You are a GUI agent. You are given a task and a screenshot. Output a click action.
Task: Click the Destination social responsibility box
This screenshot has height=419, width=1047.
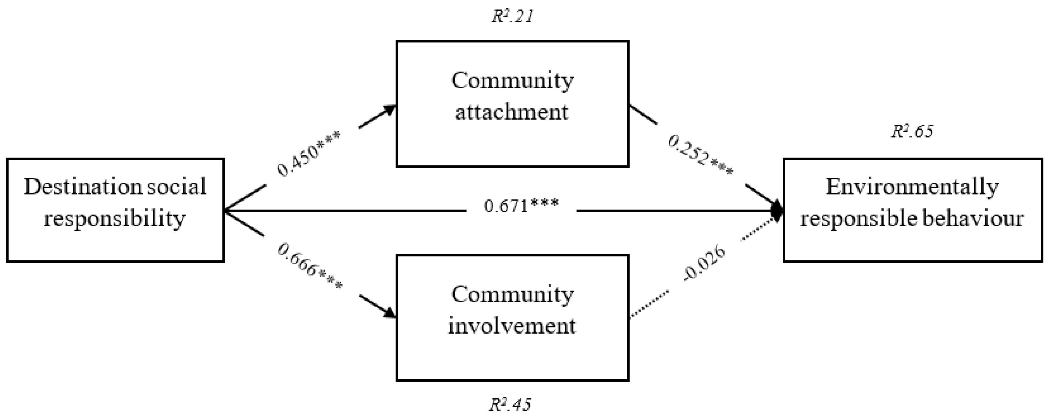coord(115,210)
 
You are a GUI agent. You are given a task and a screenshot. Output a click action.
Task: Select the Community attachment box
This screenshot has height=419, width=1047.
coord(512,103)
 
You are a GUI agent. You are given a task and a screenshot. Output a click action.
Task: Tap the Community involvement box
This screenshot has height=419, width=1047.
coord(512,317)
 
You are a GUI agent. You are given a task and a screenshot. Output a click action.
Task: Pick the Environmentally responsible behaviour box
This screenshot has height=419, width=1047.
coord(913,210)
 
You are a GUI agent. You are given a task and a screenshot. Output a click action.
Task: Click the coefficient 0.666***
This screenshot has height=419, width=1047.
coord(310,266)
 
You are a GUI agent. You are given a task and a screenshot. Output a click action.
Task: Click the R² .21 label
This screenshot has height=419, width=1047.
coord(512,17)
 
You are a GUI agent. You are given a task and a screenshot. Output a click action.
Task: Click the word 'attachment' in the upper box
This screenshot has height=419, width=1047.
coord(511,112)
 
